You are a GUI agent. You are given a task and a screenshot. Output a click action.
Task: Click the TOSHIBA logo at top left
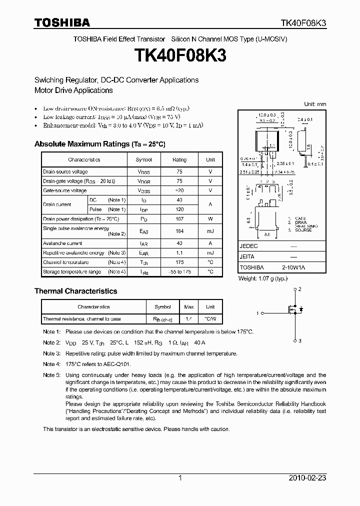pyautogui.click(x=62, y=22)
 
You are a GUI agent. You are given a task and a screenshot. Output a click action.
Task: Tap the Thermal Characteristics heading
pyautogui.click(x=75, y=291)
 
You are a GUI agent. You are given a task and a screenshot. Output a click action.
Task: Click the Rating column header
pyautogui.click(x=179, y=159)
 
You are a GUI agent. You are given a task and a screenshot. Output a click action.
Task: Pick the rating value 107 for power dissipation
pyautogui.click(x=179, y=219)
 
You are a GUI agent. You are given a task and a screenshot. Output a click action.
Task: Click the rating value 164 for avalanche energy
pyautogui.click(x=179, y=231)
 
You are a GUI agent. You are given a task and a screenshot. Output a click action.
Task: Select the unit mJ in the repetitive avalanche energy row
pyautogui.click(x=210, y=253)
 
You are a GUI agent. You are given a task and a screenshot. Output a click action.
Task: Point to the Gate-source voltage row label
pyautogui.click(x=64, y=190)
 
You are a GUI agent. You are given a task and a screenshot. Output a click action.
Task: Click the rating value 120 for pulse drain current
pyautogui.click(x=179, y=209)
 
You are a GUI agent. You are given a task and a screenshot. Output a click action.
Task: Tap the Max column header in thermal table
pyautogui.click(x=189, y=307)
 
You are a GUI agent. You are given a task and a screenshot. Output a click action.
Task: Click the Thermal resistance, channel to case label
pyautogui.click(x=81, y=318)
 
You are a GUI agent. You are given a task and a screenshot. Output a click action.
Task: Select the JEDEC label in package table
pyautogui.click(x=248, y=246)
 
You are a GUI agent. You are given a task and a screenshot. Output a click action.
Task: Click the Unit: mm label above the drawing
pyautogui.click(x=315, y=104)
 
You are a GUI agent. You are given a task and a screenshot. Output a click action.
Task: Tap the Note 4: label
pyautogui.click(x=51, y=364)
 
